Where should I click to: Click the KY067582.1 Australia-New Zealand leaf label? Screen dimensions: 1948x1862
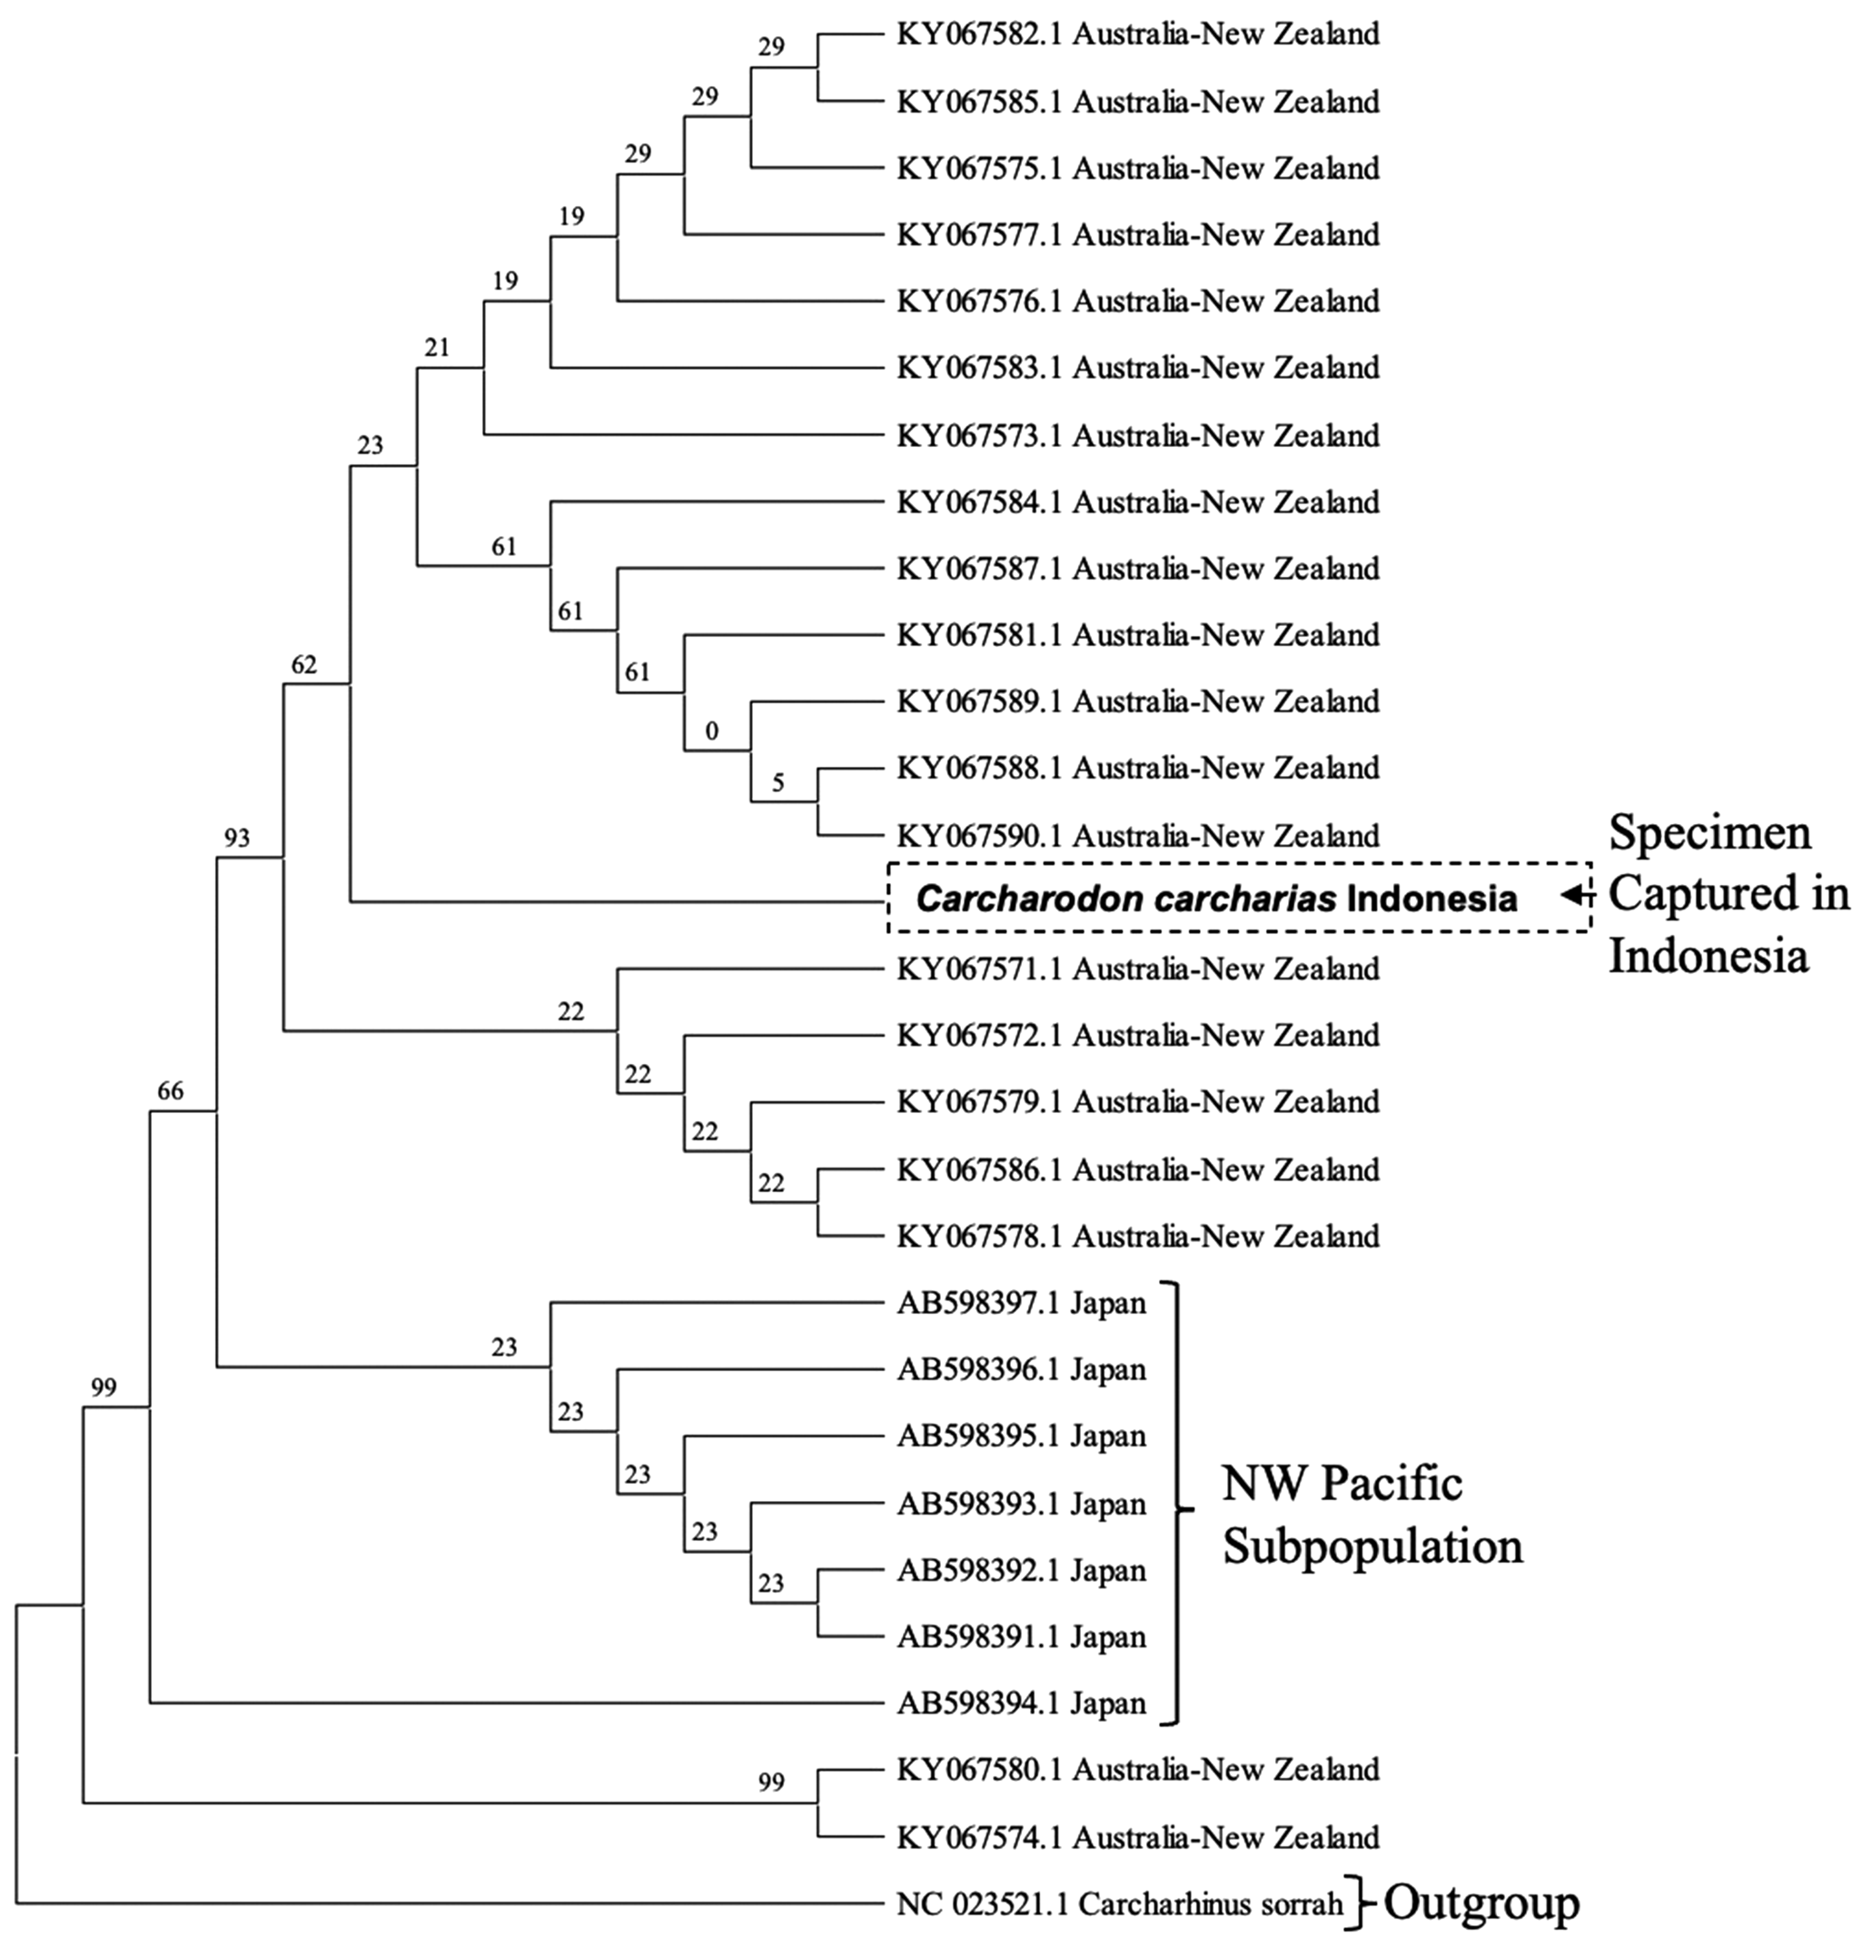point(1137,35)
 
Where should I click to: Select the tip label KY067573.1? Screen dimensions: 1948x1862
point(1137,435)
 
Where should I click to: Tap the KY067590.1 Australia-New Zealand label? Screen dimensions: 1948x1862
point(1137,835)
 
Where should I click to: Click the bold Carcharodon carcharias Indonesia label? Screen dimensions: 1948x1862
point(1216,899)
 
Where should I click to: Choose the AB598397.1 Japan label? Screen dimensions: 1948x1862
point(1021,1303)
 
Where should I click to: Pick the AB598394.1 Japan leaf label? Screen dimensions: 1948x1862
point(1021,1704)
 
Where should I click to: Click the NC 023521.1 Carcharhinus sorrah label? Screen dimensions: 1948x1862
point(1119,1904)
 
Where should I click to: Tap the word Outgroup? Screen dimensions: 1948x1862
point(1481,1903)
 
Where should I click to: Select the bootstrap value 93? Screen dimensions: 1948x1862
point(236,839)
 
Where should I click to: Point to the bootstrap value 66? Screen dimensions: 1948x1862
point(171,1091)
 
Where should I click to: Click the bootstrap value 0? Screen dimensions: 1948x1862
point(712,732)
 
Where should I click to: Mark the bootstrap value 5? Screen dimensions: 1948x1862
point(778,783)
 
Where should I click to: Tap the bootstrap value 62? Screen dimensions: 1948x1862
point(303,664)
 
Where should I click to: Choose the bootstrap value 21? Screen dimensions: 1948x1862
point(437,347)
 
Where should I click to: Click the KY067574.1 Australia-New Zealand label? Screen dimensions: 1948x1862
point(1137,1838)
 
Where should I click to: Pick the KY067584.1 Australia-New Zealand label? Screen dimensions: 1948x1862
point(1137,502)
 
